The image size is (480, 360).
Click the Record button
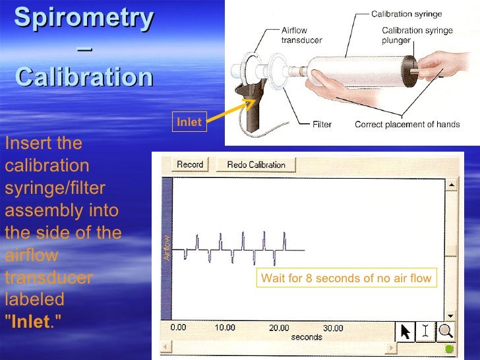pos(190,165)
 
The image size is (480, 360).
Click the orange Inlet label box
pos(189,122)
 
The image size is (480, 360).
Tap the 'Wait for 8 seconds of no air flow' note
pos(346,278)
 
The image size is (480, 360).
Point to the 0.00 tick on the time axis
pos(178,328)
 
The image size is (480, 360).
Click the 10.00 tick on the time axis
pos(225,328)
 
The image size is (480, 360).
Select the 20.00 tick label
pos(279,328)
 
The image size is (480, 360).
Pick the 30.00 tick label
pos(333,328)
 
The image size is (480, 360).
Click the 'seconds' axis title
pos(306,338)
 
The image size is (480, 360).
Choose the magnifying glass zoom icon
pos(446,331)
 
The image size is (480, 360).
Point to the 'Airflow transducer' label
pos(302,35)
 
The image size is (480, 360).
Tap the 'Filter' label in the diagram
pos(322,124)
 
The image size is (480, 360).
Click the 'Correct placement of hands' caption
pos(407,124)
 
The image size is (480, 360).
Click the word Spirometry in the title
pos(84,18)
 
